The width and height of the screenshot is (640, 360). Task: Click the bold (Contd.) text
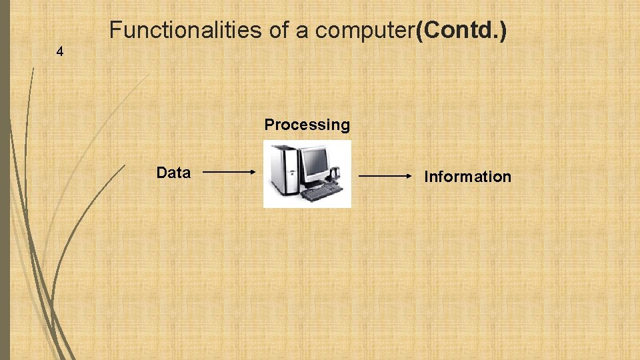click(x=461, y=30)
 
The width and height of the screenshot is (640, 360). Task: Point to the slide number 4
click(x=60, y=51)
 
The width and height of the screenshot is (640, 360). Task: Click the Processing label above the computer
click(x=307, y=125)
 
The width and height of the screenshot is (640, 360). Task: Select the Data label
click(x=173, y=173)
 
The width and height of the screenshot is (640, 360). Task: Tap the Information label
click(x=468, y=177)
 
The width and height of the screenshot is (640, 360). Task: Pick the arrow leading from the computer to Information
click(x=386, y=176)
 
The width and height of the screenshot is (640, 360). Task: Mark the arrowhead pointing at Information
click(x=409, y=176)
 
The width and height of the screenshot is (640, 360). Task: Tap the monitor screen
click(x=314, y=161)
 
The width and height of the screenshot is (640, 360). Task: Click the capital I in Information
click(x=427, y=177)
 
